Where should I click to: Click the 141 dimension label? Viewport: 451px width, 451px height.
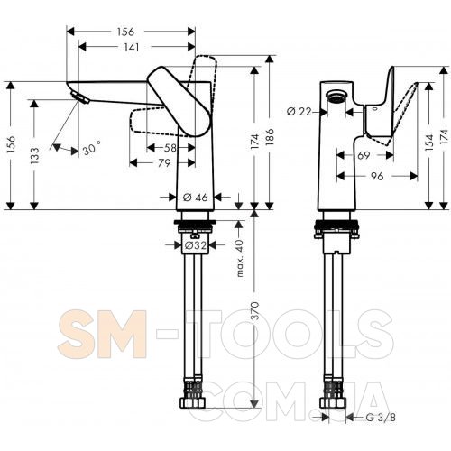click(x=132, y=47)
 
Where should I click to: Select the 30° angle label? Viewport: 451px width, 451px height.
click(x=91, y=148)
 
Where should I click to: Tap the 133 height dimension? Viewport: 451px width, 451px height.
click(x=34, y=155)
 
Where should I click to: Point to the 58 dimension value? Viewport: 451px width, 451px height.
click(x=170, y=148)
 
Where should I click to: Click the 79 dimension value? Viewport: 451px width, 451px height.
click(x=164, y=163)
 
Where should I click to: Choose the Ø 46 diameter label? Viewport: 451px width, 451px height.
click(x=196, y=198)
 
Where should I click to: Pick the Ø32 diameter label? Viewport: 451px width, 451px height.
click(x=196, y=245)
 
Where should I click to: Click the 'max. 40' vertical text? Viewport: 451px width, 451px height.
click(x=240, y=258)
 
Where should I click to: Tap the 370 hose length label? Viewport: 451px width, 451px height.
click(x=254, y=310)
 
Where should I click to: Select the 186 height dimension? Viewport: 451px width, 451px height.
click(x=270, y=137)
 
